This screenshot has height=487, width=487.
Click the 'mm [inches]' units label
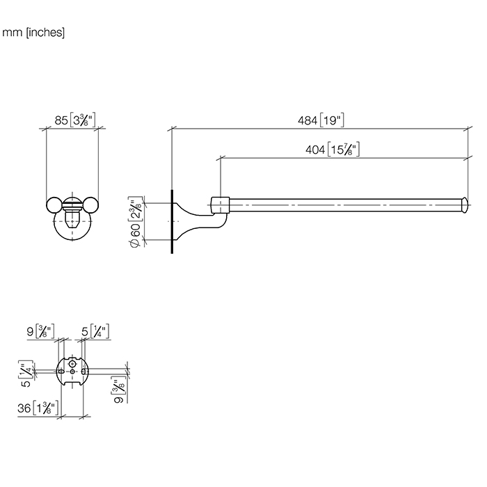tap(34, 32)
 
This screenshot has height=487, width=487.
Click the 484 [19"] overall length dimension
tap(319, 120)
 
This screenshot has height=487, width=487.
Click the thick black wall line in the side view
tap(170, 220)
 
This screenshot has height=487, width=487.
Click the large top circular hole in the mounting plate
tap(72, 362)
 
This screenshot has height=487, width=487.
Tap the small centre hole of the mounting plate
tap(72, 374)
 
